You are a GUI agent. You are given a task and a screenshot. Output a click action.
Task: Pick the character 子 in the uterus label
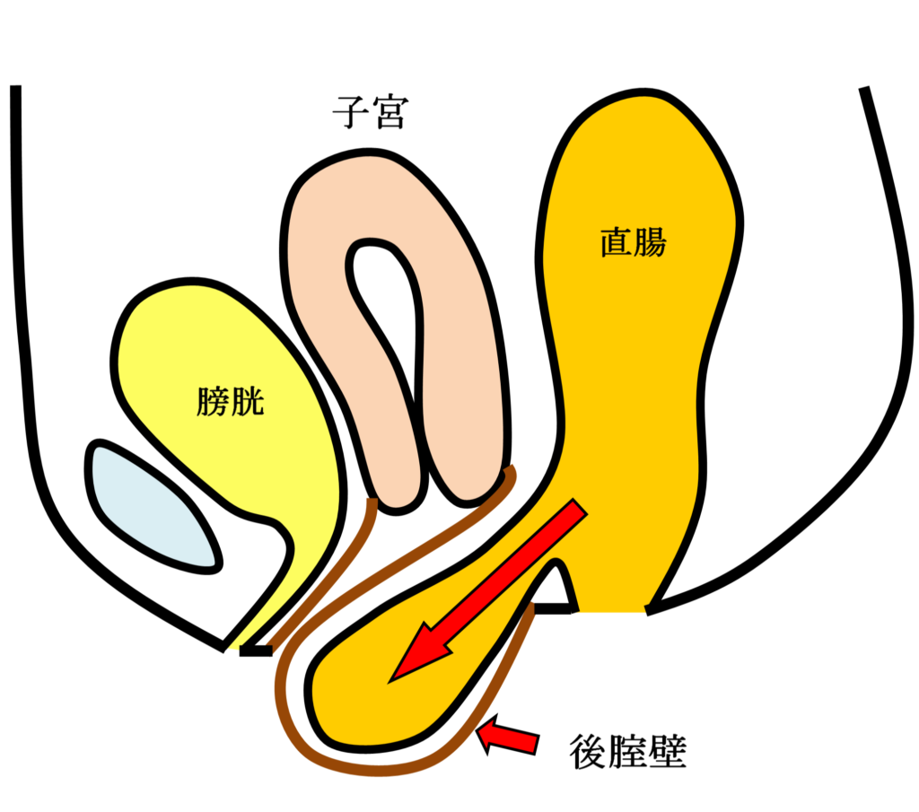pyautogui.click(x=349, y=113)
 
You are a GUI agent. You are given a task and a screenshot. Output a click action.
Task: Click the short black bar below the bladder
pyautogui.click(x=256, y=650)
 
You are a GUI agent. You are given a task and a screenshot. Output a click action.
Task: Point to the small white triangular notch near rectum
pyautogui.click(x=556, y=588)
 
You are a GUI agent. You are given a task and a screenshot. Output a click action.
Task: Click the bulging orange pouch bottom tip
pyautogui.click(x=341, y=718)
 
